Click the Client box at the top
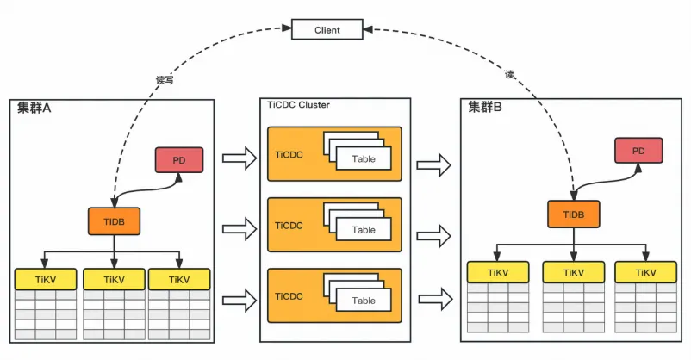click(x=327, y=30)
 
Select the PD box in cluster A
click(x=177, y=160)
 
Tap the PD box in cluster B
click(x=638, y=151)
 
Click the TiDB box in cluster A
click(x=114, y=221)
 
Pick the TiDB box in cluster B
click(x=573, y=214)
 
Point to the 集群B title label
click(x=485, y=108)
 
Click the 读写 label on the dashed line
click(x=165, y=79)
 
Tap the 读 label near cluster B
click(x=509, y=75)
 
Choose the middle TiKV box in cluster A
click(x=113, y=280)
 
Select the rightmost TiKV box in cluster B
click(x=645, y=272)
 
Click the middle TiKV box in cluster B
click(x=572, y=272)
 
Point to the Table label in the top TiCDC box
click(x=364, y=158)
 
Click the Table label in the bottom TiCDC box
click(x=364, y=301)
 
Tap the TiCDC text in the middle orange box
click(x=289, y=226)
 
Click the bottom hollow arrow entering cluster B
click(x=435, y=300)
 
